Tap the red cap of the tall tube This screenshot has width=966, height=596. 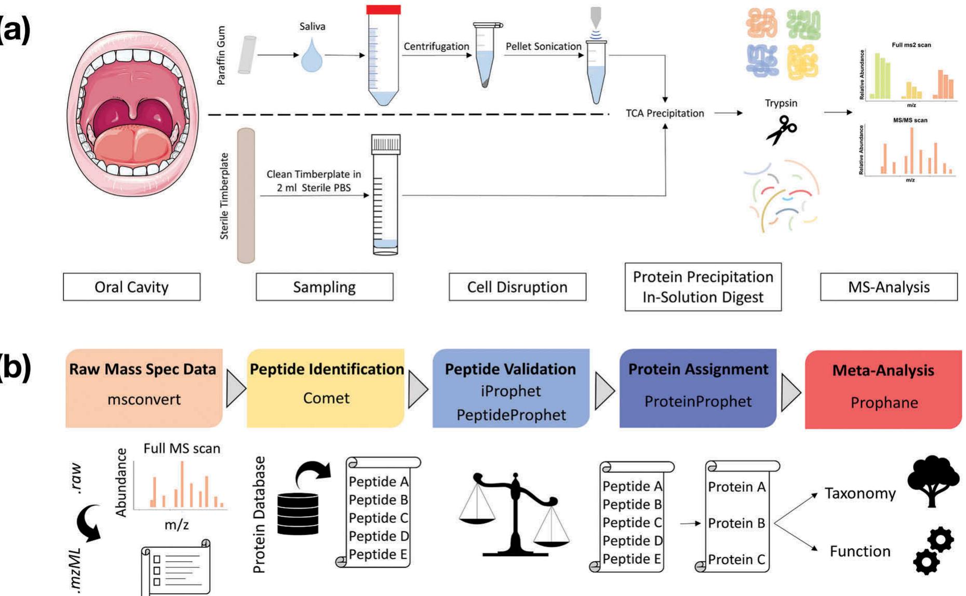[383, 9]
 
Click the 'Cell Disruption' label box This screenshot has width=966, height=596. [517, 287]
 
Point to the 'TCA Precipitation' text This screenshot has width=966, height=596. [665, 113]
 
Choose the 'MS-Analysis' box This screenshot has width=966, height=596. [889, 287]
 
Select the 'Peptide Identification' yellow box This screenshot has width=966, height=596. [326, 388]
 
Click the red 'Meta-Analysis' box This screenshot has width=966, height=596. [883, 389]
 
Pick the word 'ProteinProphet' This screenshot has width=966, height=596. [697, 401]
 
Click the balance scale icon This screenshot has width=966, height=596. [514, 514]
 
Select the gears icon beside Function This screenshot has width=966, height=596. [933, 551]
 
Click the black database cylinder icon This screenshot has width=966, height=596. [298, 514]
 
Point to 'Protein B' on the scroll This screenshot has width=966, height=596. [736, 523]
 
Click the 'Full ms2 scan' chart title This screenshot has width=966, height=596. [911, 45]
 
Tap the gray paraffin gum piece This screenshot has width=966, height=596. [247, 55]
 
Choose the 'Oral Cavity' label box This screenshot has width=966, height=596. [131, 287]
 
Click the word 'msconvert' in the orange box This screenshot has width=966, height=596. [144, 399]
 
